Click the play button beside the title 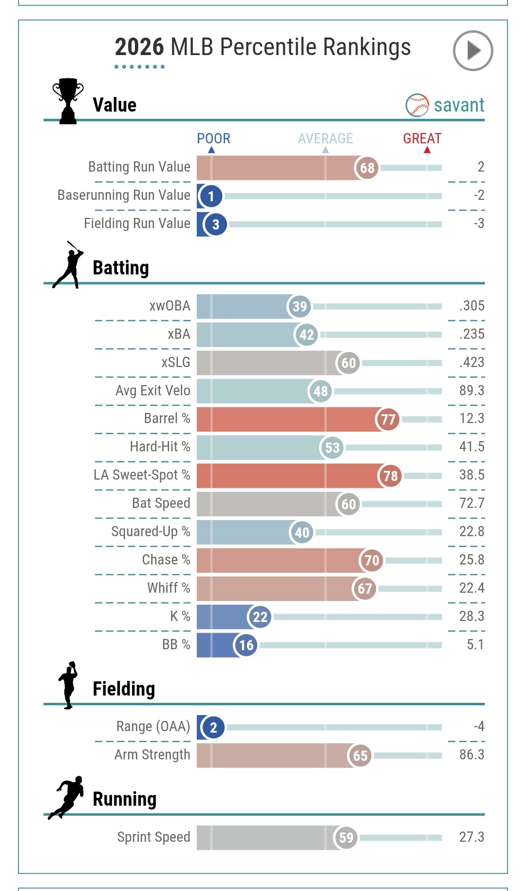473,51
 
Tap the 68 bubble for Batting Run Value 367,168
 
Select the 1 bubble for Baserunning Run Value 211,196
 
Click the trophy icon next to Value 68,101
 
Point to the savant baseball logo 417,105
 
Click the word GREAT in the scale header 422,138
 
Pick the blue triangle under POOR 211,150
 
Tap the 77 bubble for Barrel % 388,419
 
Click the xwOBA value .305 471,306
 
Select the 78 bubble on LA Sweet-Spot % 390,476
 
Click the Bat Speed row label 161,503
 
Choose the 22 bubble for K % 260,617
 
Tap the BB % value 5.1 475,644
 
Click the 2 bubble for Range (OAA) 213,728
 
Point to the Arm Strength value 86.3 471,755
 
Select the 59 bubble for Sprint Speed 346,838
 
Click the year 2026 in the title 139,47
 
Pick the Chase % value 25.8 471,560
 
